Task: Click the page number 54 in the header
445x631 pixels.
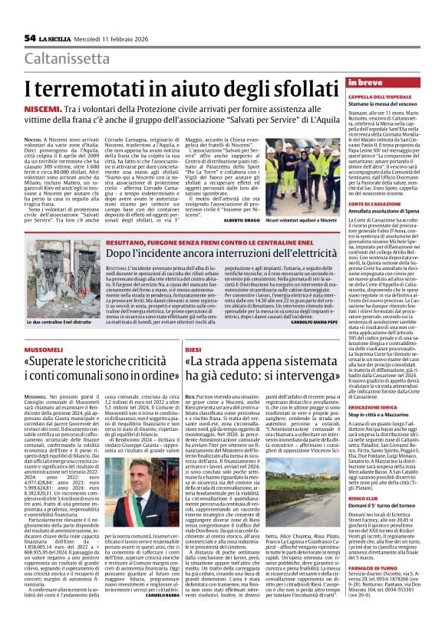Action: pos(31,38)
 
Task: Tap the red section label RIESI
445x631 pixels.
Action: pos(193,327)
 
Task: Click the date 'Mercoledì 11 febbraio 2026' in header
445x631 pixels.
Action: pos(110,38)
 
